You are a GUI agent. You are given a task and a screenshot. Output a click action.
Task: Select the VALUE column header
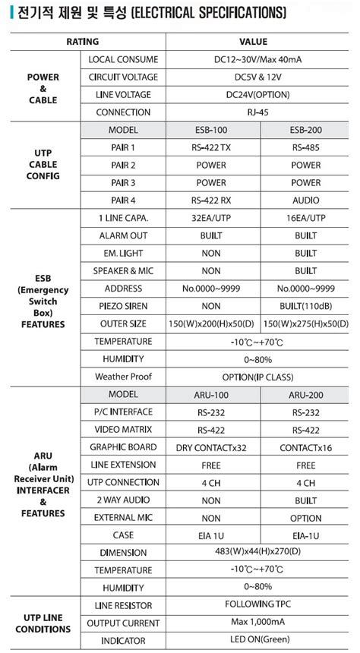click(x=253, y=42)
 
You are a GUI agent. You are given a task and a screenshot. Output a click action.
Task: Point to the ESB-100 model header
click(x=211, y=130)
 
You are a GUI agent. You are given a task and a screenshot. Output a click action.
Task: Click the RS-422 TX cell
click(x=211, y=147)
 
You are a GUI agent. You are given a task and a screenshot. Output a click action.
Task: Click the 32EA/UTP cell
click(x=211, y=218)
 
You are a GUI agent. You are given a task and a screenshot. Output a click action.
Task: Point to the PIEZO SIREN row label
click(x=123, y=306)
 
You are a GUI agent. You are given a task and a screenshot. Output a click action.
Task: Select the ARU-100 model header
click(x=211, y=395)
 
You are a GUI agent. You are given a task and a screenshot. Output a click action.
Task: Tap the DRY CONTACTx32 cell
click(x=211, y=447)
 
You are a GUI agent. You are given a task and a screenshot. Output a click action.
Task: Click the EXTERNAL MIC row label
click(x=123, y=518)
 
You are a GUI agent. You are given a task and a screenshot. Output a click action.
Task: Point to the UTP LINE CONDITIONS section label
click(x=43, y=623)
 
